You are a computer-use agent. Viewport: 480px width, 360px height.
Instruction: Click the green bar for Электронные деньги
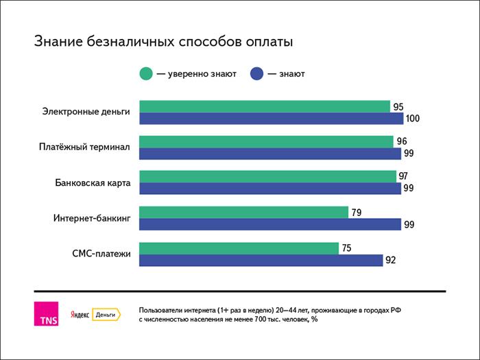(265, 106)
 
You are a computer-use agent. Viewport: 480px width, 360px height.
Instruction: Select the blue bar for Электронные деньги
(272, 119)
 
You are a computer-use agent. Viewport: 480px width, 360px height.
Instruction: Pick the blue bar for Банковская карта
(270, 189)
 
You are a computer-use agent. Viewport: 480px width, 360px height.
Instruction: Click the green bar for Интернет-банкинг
(243, 212)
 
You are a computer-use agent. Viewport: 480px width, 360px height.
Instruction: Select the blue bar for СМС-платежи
(261, 260)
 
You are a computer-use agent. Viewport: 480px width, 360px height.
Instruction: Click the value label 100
(412, 119)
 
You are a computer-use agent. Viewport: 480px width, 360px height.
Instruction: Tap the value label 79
(357, 212)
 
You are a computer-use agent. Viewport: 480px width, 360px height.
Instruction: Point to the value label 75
(347, 248)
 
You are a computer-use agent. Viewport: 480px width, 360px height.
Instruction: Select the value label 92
(390, 260)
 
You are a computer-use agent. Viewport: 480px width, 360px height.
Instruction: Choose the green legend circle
(146, 73)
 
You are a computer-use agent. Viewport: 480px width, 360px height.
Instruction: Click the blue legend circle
(259, 73)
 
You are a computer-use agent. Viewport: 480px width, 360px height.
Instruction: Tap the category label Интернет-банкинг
(92, 218)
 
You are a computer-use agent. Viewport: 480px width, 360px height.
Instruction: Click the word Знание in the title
(61, 42)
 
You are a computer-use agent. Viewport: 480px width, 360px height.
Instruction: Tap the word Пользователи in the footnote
(164, 309)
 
